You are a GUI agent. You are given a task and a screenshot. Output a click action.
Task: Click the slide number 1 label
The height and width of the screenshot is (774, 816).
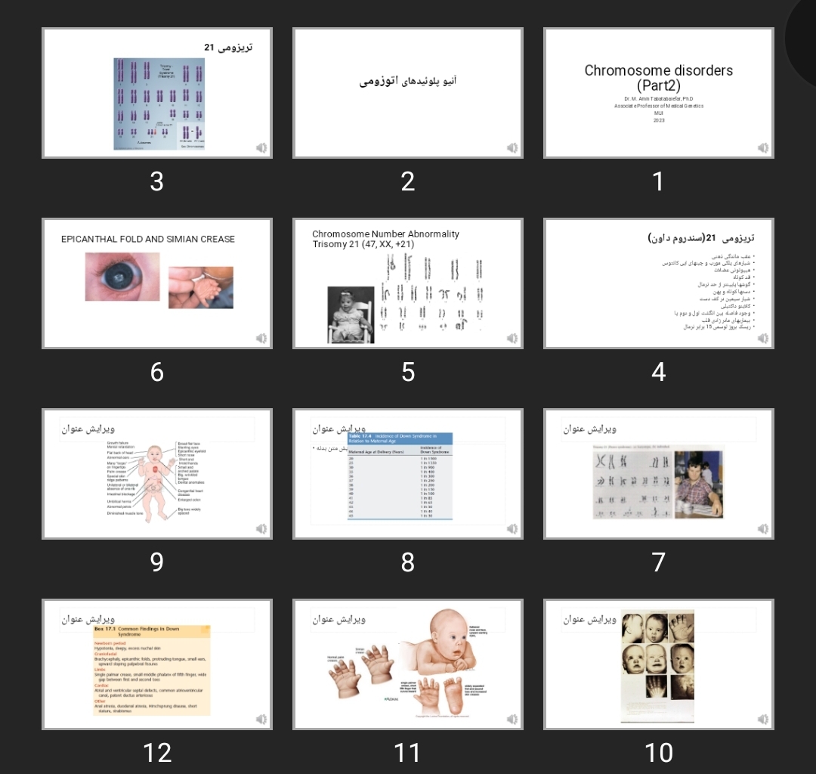tap(658, 181)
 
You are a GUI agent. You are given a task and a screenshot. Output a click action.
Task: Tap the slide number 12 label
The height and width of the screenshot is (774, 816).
tap(157, 752)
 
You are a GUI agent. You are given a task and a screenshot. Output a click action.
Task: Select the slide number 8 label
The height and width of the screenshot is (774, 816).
tap(408, 562)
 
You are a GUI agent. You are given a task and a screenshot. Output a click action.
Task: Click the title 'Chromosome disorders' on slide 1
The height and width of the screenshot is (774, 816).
tap(658, 70)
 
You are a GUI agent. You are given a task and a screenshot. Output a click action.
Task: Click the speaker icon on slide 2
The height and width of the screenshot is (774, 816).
tap(512, 148)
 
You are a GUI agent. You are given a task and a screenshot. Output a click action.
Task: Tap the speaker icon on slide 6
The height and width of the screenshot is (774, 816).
tap(261, 339)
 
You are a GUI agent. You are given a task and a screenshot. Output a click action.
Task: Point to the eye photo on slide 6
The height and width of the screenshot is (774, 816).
tap(122, 277)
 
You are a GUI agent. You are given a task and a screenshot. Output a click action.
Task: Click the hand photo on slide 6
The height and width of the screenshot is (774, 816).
tap(200, 287)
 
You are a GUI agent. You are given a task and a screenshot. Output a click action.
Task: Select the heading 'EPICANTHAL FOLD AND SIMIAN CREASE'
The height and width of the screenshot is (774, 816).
tap(148, 239)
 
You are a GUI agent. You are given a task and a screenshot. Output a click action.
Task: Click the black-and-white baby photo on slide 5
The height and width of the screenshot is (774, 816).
tap(351, 314)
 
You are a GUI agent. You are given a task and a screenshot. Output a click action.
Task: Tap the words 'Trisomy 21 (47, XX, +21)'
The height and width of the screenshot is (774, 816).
tap(363, 244)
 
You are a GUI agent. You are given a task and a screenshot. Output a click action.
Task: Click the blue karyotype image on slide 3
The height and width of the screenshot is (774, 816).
tap(159, 104)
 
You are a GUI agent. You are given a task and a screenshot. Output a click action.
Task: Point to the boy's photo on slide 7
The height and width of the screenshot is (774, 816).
tap(699, 484)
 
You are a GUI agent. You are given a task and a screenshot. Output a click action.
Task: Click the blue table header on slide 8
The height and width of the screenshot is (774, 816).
tap(400, 438)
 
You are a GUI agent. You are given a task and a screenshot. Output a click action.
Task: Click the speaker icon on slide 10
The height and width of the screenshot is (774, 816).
tap(763, 720)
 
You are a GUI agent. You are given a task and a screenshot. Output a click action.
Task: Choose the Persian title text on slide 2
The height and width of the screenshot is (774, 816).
tap(408, 80)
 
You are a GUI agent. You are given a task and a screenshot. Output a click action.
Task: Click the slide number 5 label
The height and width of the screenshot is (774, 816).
tap(408, 372)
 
